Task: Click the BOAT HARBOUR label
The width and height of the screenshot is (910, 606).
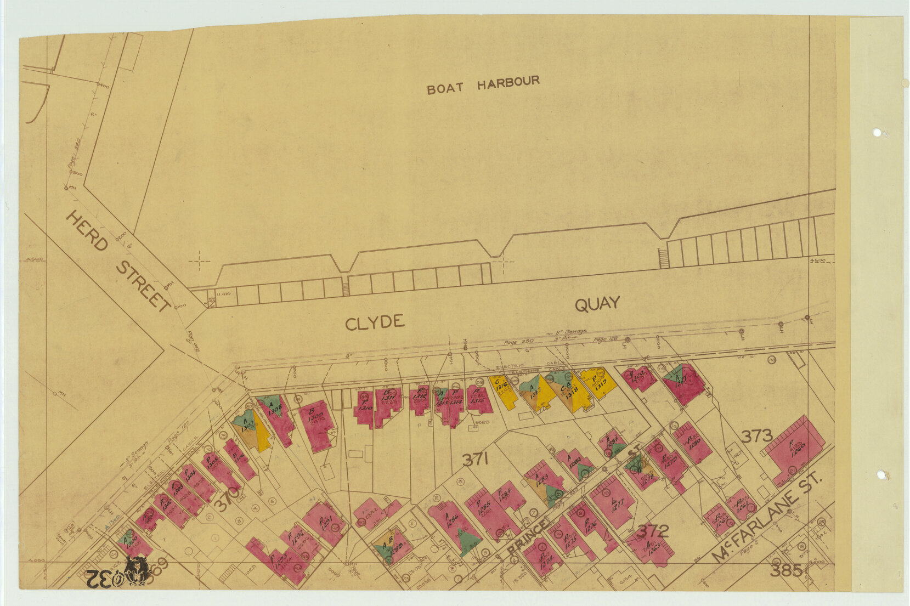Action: (483, 85)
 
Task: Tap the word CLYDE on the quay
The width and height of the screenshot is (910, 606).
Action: (375, 322)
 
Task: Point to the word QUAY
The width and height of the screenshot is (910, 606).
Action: (597, 304)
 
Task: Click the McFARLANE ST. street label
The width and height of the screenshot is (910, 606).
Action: (768, 518)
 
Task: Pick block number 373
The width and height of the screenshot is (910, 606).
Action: (756, 437)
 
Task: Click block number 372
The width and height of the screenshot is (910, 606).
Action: (653, 530)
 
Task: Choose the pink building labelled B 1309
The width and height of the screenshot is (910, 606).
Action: (316, 424)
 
